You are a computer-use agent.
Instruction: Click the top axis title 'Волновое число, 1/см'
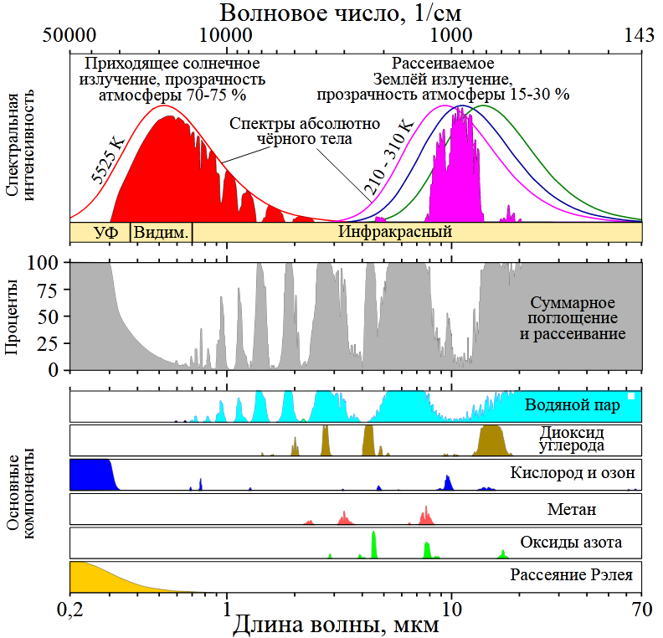point(341,13)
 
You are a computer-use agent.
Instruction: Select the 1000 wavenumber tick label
point(451,37)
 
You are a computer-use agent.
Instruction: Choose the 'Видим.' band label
point(161,232)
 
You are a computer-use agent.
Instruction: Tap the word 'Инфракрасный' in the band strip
point(395,232)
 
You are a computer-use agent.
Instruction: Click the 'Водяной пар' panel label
point(573,405)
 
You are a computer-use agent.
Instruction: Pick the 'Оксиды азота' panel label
point(571,542)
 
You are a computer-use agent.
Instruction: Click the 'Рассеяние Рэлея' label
point(570,575)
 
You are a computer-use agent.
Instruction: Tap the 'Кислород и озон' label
point(566,473)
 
